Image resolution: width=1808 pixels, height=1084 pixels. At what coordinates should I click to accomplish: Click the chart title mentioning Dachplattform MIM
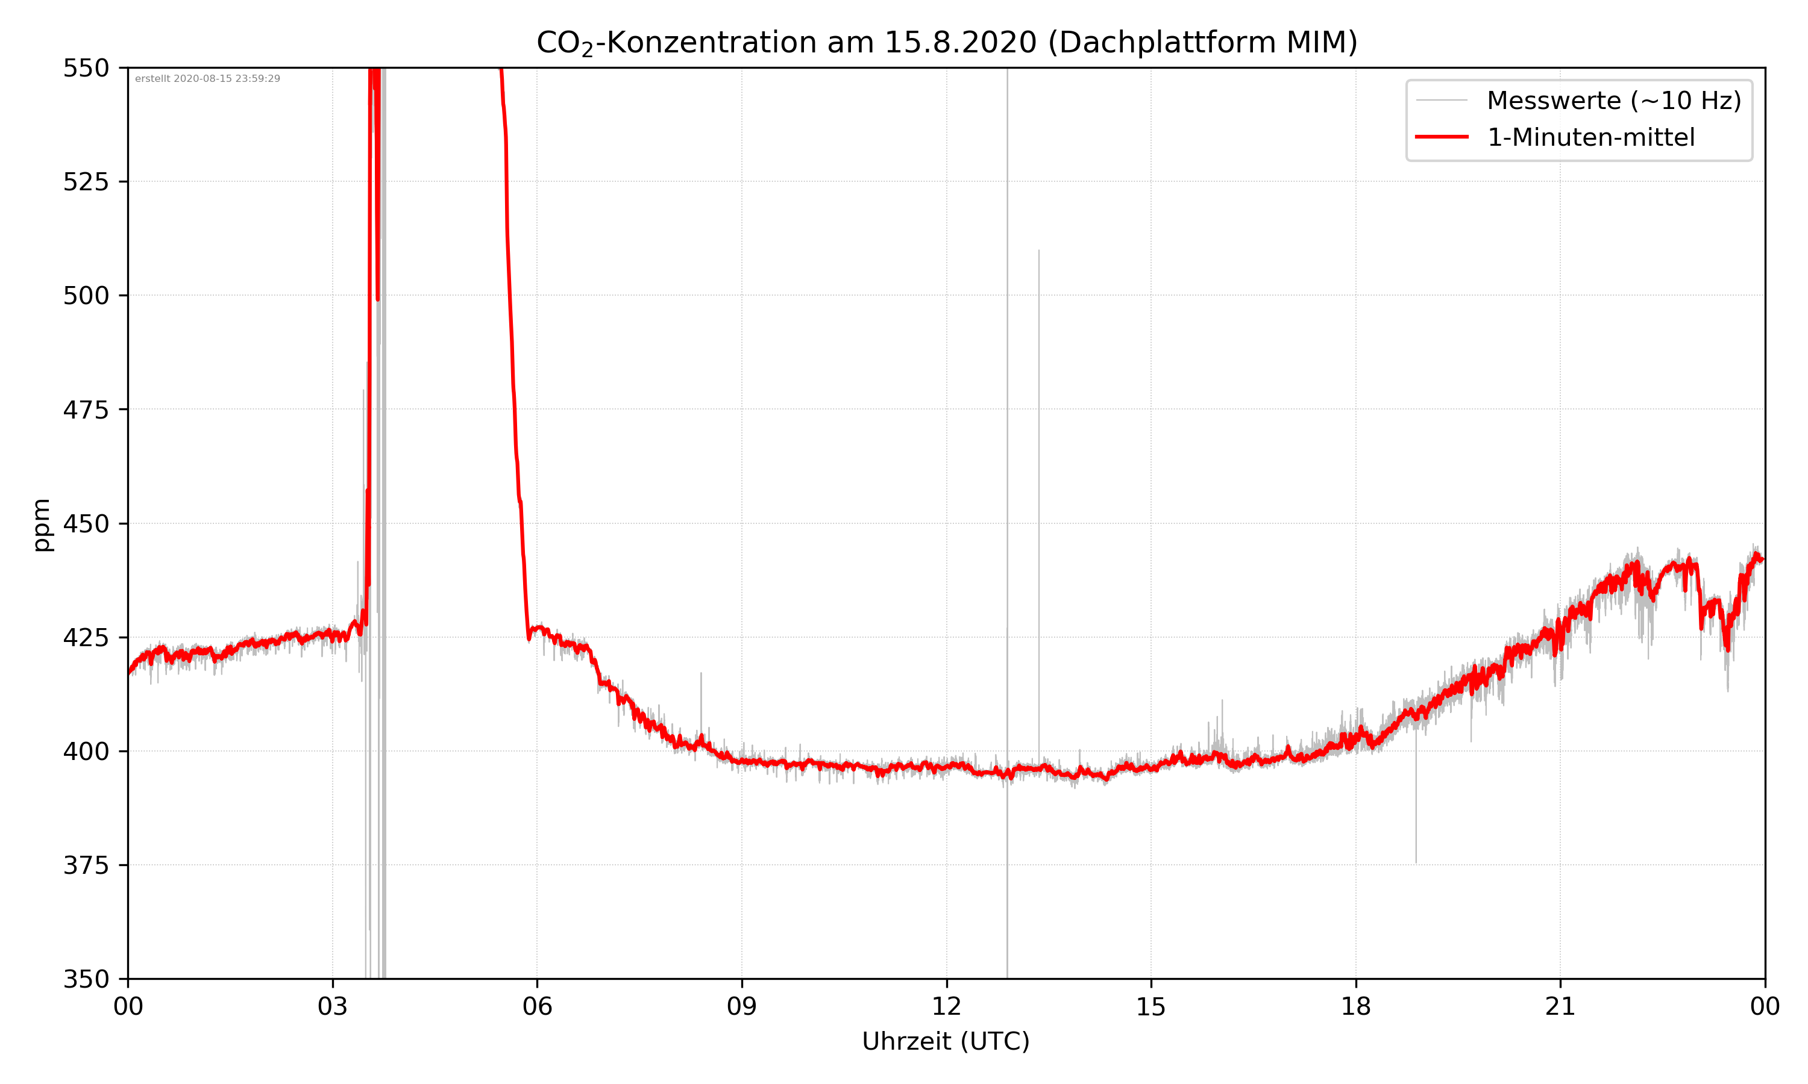click(946, 42)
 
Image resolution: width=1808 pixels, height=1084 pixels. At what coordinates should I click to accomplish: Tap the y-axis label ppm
click(42, 525)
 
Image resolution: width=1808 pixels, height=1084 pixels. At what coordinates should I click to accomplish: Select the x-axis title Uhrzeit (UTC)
click(946, 1041)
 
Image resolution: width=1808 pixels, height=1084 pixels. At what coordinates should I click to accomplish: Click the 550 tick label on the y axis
click(86, 68)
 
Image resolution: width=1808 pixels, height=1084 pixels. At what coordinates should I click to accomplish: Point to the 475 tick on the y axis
click(86, 410)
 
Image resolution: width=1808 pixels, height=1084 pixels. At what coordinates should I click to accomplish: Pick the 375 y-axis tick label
click(86, 865)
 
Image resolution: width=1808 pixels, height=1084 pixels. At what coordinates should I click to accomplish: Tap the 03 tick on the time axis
click(333, 1006)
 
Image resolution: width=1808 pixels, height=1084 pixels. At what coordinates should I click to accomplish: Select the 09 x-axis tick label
click(742, 1006)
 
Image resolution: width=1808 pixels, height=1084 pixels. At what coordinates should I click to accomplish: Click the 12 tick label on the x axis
click(946, 1006)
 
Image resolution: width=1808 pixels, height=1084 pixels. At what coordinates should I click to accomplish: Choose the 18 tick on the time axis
click(1355, 1006)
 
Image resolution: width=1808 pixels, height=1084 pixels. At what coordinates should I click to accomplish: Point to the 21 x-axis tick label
click(1560, 1006)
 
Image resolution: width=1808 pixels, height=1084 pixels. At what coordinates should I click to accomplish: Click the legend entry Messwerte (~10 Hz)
click(1613, 101)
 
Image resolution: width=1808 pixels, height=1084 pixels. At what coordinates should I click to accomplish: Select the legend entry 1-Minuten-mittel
click(1590, 137)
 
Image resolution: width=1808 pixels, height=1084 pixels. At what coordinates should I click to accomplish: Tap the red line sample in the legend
click(1441, 137)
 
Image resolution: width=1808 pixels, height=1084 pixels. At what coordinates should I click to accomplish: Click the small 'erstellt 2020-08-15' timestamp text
click(207, 79)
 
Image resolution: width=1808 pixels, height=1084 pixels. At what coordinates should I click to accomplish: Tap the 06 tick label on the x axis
click(537, 1006)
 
